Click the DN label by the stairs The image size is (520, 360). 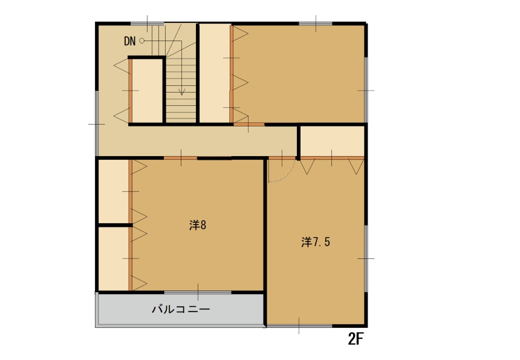point(129,41)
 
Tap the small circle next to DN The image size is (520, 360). point(142,41)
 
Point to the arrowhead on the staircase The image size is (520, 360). point(181,92)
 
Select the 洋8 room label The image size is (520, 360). point(198,225)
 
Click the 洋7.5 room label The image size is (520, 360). point(315,242)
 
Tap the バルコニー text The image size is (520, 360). point(180,309)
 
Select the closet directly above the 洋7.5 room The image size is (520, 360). point(332,141)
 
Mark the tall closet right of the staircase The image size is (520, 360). point(214,73)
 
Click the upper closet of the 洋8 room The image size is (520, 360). point(113,191)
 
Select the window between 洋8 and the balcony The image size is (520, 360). point(198,292)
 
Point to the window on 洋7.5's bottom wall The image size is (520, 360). point(299,326)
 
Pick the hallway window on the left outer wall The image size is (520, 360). point(97,123)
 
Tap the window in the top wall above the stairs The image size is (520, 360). point(148,23)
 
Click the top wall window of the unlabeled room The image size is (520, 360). point(316,23)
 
